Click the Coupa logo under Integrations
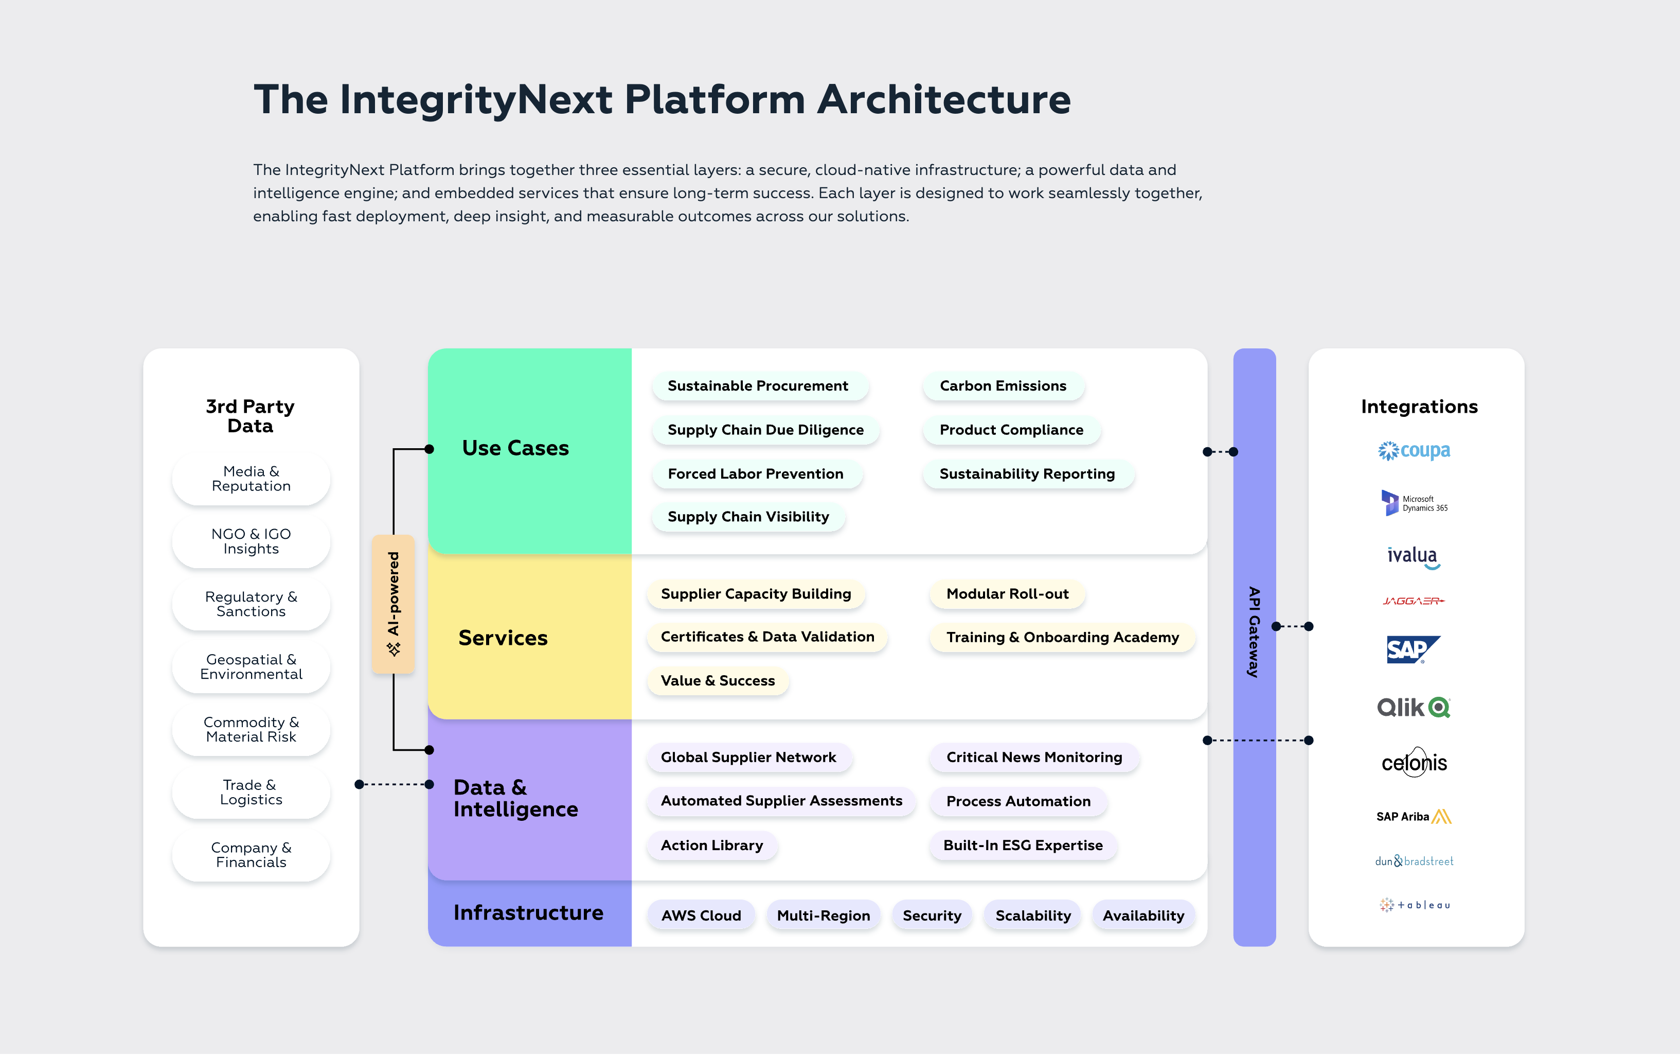pos(1414,451)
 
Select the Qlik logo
pos(1414,708)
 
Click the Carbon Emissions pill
pos(1003,386)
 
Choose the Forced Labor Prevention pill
pos(756,474)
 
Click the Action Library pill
pos(711,845)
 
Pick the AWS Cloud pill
pos(701,916)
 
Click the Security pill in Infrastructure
pos(932,916)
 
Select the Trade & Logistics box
pos(251,792)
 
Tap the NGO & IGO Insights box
pos(251,541)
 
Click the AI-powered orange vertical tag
pos(394,604)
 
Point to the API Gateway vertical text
pos(1254,631)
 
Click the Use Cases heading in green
pos(515,448)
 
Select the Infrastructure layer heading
pos(528,913)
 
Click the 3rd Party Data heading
pos(251,416)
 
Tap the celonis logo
pos(1414,763)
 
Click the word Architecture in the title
pos(944,100)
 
